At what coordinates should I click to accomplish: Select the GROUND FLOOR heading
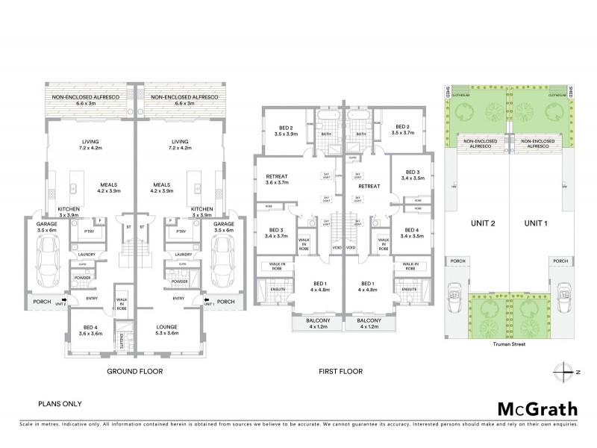coord(134,371)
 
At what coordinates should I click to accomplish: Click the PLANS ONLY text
coord(60,404)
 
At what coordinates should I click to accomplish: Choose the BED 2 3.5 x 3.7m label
coord(403,130)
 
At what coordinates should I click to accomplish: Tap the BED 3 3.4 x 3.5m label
coord(413,175)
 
